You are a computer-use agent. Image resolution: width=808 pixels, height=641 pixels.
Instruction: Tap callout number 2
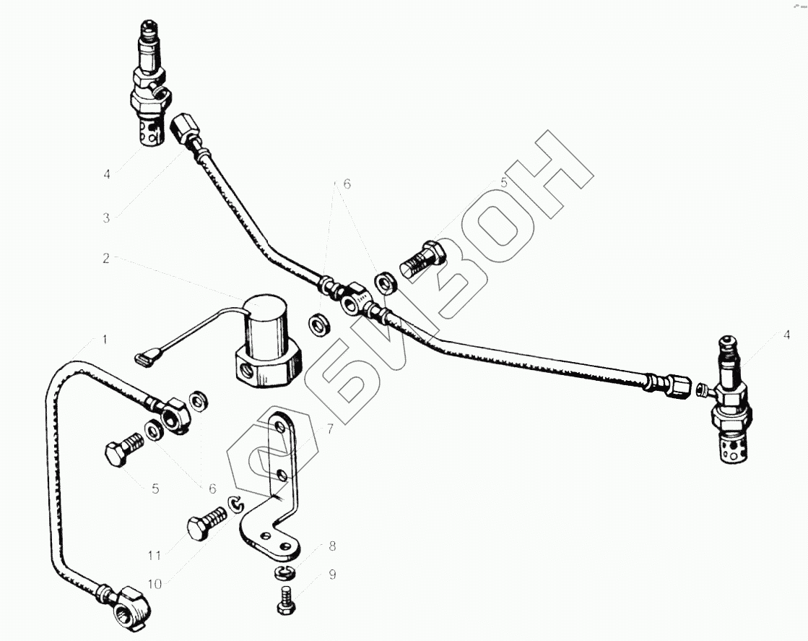[x=106, y=258]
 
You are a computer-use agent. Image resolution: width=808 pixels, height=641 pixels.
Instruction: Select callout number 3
[x=106, y=218]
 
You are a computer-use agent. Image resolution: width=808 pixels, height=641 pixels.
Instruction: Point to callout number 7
[x=330, y=429]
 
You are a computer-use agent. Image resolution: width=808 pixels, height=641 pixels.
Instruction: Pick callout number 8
[x=332, y=546]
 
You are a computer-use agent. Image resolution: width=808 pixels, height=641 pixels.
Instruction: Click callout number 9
[x=332, y=576]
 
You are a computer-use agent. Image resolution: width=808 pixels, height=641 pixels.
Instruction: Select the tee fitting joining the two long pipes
[x=355, y=298]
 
